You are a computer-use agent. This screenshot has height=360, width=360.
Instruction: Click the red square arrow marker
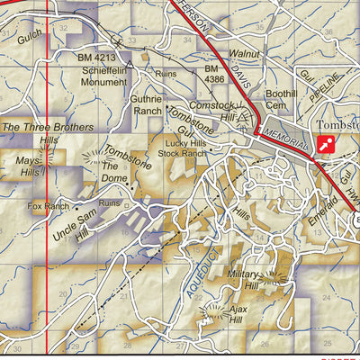click(325, 144)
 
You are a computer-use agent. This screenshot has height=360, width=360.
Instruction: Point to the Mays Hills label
click(34, 166)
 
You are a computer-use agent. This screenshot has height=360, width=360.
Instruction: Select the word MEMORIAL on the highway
click(286, 139)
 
